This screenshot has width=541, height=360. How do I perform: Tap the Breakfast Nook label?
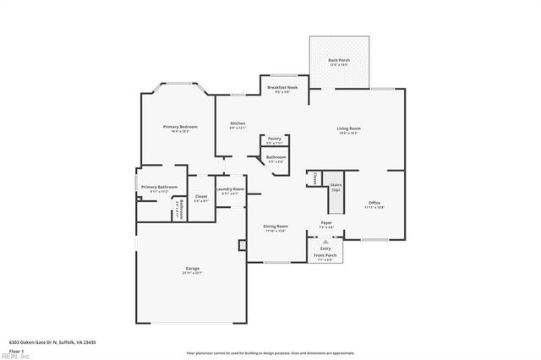point(282,88)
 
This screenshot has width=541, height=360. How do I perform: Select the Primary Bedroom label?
point(180,127)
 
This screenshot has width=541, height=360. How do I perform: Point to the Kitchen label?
point(238,124)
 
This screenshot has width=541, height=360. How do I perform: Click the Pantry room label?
point(275,139)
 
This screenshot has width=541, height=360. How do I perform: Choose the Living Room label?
point(349,128)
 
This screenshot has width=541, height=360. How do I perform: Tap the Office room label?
point(374,204)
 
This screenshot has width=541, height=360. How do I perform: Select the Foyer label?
point(326,223)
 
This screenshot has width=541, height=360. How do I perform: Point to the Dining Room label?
point(276,226)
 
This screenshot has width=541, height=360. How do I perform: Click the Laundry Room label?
point(230,189)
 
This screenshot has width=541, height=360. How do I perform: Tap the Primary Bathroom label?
point(159,187)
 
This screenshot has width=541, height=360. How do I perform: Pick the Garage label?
point(193,269)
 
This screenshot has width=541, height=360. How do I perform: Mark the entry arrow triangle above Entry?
point(325,241)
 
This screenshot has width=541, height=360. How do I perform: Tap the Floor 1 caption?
point(17,349)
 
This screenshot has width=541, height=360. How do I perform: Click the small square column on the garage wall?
point(243,245)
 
